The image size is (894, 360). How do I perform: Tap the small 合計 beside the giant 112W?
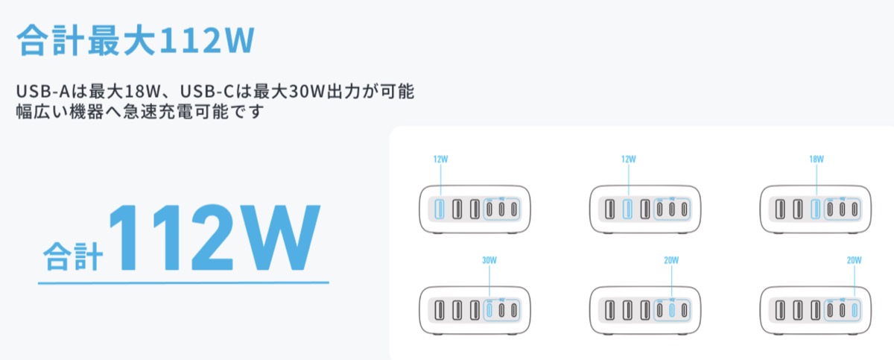pos(69,253)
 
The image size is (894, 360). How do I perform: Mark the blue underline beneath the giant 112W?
pos(183,282)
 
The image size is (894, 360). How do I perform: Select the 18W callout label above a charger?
pos(817,159)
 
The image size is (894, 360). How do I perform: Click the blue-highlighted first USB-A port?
pos(439,208)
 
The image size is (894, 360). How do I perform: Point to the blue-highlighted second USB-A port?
pos(627,208)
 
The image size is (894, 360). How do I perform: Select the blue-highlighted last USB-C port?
pos(854,309)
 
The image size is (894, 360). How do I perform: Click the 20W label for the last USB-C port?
pos(854,260)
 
